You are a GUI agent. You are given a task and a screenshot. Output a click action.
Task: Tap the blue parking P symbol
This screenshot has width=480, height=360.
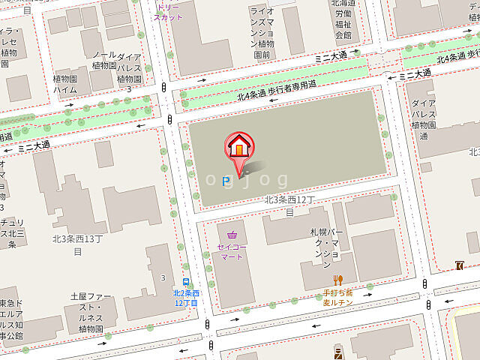pyautogui.click(x=225, y=180)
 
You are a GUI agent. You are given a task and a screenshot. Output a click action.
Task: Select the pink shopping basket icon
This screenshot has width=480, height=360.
pyautogui.click(x=232, y=233)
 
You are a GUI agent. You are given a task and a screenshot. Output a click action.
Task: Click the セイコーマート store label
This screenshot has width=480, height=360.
pyautogui.click(x=232, y=250)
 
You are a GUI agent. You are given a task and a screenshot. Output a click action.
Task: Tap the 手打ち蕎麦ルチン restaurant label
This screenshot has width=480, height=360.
pyautogui.click(x=337, y=298)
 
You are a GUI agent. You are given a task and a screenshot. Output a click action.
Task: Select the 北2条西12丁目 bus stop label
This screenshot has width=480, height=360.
pyautogui.click(x=185, y=298)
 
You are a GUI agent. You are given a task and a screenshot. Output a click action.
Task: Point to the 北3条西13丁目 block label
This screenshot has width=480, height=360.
pyautogui.click(x=77, y=244)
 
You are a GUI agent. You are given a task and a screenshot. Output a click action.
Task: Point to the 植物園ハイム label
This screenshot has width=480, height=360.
pyautogui.click(x=65, y=83)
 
